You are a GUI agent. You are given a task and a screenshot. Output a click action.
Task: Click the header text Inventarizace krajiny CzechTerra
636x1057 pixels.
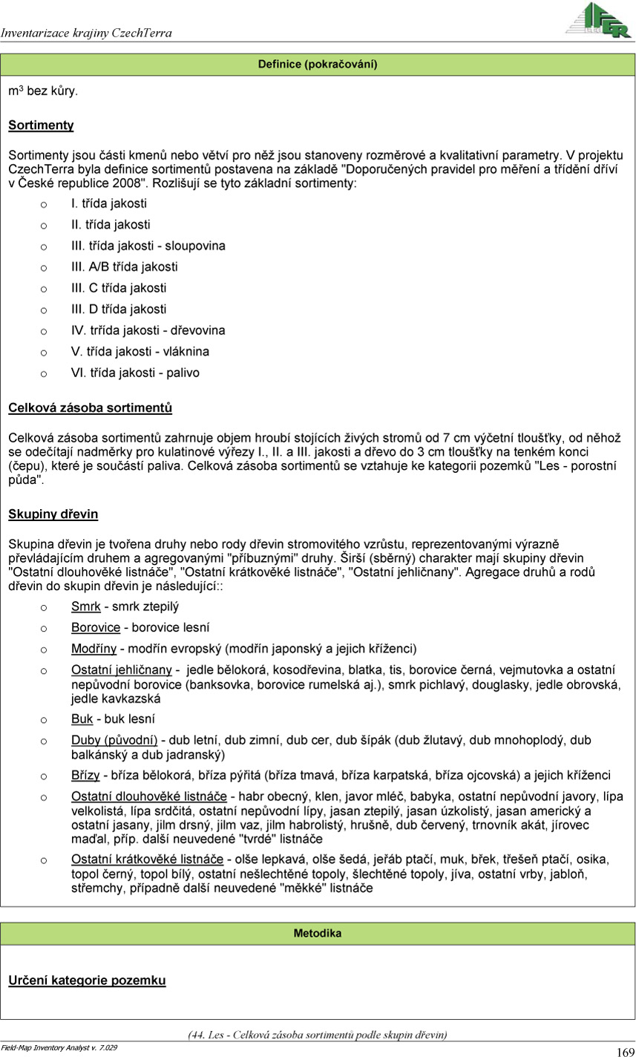[87, 33]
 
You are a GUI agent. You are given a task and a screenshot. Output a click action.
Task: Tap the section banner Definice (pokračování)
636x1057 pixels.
[318, 65]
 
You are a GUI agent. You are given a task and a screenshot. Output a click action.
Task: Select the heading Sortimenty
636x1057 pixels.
[41, 125]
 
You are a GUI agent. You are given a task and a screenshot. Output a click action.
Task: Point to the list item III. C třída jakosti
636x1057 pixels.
[119, 288]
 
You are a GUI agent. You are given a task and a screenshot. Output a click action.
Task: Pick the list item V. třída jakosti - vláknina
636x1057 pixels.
[140, 351]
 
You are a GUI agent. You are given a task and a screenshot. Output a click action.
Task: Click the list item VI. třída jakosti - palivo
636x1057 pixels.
[135, 373]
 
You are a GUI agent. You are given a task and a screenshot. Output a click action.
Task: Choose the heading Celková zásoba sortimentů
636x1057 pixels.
[91, 408]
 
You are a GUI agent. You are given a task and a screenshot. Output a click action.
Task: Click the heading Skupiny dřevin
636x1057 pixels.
[53, 514]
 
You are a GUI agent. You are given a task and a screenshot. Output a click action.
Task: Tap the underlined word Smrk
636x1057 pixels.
[85, 606]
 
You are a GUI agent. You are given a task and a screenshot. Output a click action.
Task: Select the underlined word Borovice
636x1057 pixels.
[96, 627]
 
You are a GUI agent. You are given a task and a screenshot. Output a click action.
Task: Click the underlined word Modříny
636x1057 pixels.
[94, 648]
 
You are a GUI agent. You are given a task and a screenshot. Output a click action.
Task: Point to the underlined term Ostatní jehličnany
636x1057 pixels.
[122, 670]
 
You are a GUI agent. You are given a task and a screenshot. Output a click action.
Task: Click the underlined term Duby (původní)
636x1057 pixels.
[114, 740]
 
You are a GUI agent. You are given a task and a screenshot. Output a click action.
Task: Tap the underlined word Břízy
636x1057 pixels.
[85, 776]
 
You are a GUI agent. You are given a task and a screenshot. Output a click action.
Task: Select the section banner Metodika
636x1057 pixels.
[318, 933]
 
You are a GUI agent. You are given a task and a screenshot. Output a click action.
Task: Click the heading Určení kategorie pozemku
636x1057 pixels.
[87, 981]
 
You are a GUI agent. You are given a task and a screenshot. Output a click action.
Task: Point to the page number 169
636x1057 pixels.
[624, 1051]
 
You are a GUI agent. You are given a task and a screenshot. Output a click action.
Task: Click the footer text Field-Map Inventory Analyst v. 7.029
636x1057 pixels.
[59, 1047]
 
